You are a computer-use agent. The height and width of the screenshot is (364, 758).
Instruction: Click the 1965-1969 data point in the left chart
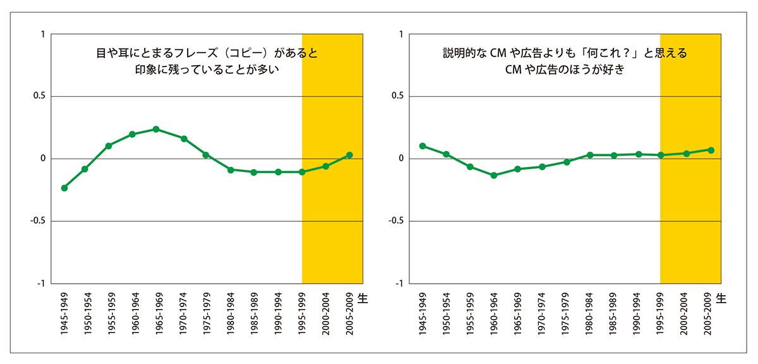(156, 129)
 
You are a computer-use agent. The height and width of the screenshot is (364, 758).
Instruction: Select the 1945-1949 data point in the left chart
(64, 188)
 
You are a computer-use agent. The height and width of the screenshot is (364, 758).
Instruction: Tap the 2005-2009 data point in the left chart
(349, 155)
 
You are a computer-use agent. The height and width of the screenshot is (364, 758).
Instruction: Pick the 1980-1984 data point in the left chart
(231, 170)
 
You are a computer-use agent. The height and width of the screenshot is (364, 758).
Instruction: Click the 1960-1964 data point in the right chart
(494, 175)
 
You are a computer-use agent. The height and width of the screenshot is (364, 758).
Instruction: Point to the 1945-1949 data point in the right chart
(422, 146)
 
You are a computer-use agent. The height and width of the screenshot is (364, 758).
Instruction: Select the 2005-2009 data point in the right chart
(711, 150)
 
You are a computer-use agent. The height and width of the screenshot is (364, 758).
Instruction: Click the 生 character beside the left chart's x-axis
(363, 296)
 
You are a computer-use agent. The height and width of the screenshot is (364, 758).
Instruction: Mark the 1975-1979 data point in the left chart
(205, 155)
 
